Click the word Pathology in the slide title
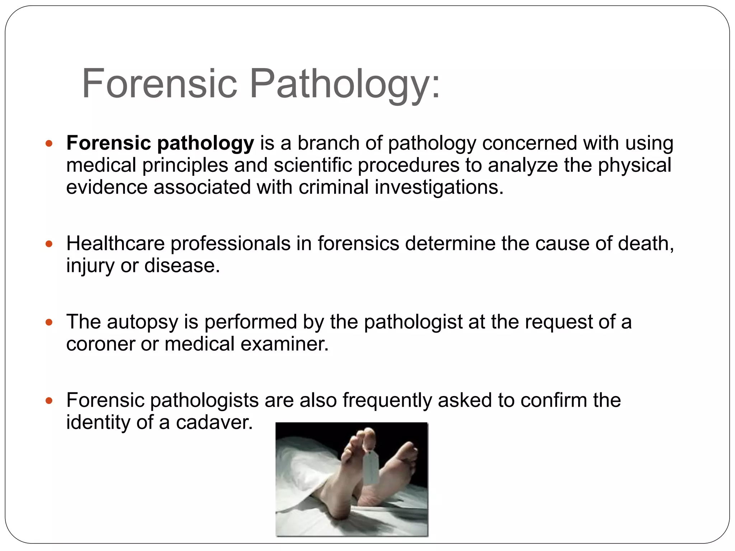click(345, 84)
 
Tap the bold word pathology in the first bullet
click(206, 143)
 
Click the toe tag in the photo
click(371, 468)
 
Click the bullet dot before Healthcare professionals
click(49, 244)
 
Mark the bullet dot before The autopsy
click(49, 322)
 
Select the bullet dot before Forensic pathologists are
click(49, 401)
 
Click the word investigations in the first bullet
click(439, 187)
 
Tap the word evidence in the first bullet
click(107, 187)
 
